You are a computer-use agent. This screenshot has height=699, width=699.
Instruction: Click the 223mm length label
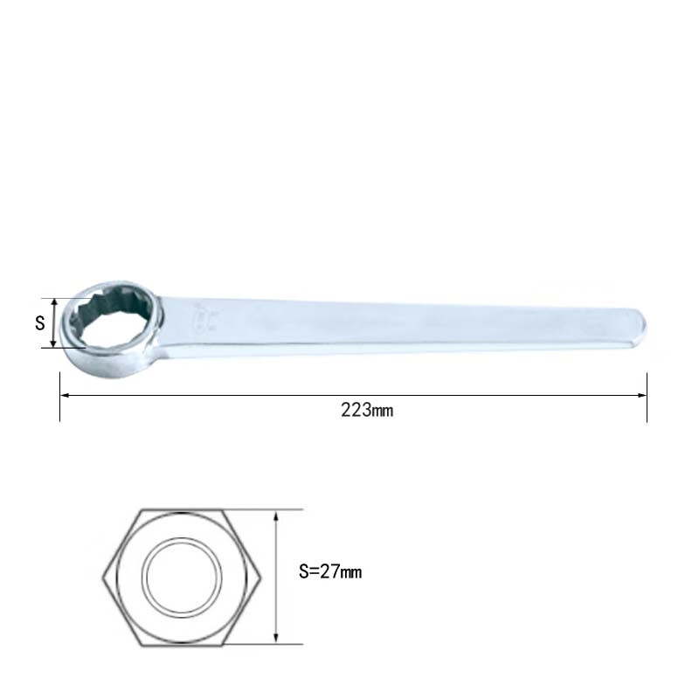click(x=367, y=410)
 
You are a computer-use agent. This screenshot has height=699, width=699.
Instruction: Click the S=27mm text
click(x=330, y=571)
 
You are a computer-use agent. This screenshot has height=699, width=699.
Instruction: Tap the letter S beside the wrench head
click(x=40, y=322)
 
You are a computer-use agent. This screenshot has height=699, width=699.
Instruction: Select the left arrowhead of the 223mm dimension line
click(x=65, y=395)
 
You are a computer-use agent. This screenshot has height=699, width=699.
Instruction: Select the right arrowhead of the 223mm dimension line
click(x=642, y=395)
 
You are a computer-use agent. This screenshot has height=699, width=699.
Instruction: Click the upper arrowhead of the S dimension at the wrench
click(x=54, y=303)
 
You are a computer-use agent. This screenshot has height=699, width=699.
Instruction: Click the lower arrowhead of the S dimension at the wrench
click(x=54, y=343)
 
